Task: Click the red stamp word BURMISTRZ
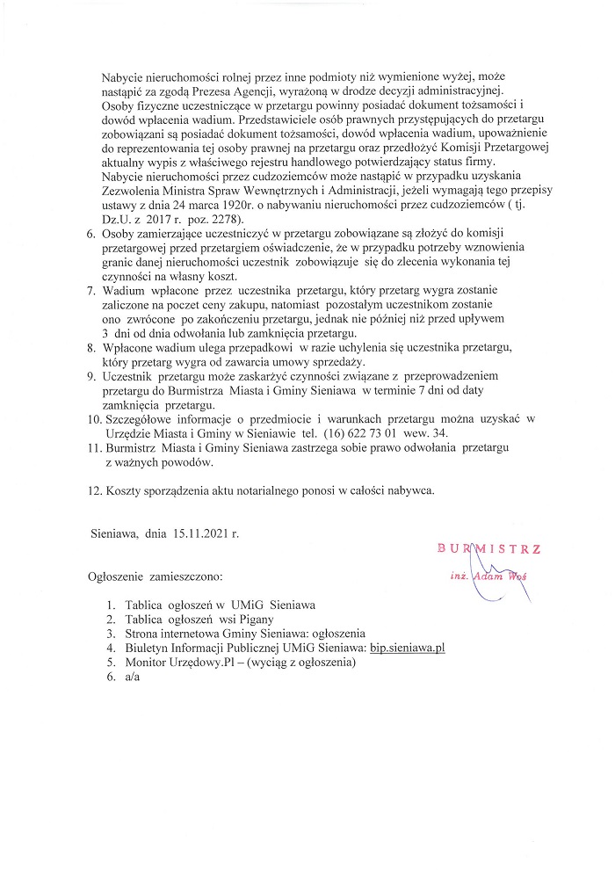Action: [x=488, y=549]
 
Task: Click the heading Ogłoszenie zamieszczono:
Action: [x=155, y=577]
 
